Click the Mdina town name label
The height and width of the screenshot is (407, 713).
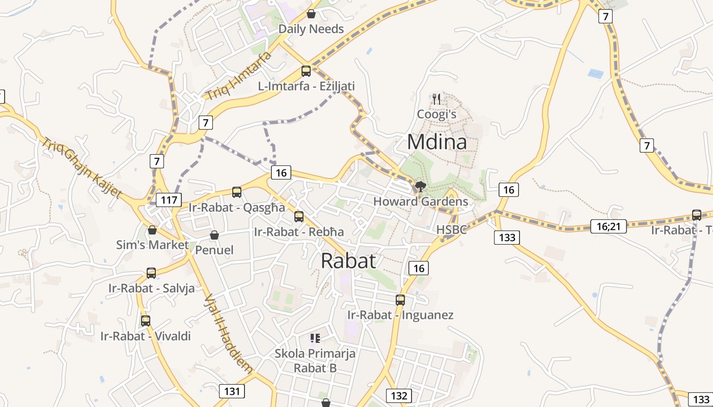pos(436,142)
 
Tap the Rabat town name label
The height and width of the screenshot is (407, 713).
pos(349,260)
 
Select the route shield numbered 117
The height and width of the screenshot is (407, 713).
pos(169,200)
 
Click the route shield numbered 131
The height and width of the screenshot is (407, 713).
pos(232,391)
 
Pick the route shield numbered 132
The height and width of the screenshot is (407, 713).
pos(399,396)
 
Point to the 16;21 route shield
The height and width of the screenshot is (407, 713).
pos(608,226)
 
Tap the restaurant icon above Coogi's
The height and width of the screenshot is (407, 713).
pos(436,99)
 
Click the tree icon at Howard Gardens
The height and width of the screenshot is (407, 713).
pos(420,187)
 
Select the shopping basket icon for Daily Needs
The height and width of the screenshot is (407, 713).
pos(311,14)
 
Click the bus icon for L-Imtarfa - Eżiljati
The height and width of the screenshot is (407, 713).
pos(306,71)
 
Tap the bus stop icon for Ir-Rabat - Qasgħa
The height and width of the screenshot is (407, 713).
pos(237,192)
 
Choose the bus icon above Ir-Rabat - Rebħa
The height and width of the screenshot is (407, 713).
pos(299,216)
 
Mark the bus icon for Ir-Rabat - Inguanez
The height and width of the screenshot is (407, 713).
pos(400,300)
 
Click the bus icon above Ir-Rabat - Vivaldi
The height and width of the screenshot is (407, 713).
pos(146,321)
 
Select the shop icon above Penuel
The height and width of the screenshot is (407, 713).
pos(214,235)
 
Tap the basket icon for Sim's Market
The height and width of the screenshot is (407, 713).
pos(152,230)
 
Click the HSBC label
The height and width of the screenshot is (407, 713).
pos(451,229)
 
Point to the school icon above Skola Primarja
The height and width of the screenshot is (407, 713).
pos(315,338)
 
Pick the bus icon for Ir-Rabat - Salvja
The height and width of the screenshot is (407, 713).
pos(151,273)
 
